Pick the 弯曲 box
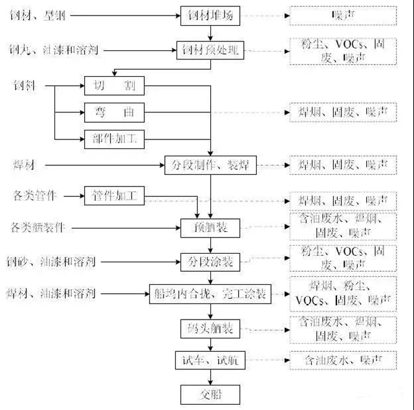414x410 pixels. tap(114, 112)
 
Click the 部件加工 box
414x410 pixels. tap(114, 138)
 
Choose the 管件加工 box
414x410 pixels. tap(114, 194)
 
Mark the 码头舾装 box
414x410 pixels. tap(204, 327)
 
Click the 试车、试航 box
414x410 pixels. tap(204, 360)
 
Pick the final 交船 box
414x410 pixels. tap(204, 393)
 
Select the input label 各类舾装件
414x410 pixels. tap(39, 227)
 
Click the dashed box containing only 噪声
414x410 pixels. tap(342, 14)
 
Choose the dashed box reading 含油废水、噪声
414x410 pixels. tap(342, 360)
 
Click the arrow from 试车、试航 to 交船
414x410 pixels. tap(204, 376)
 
